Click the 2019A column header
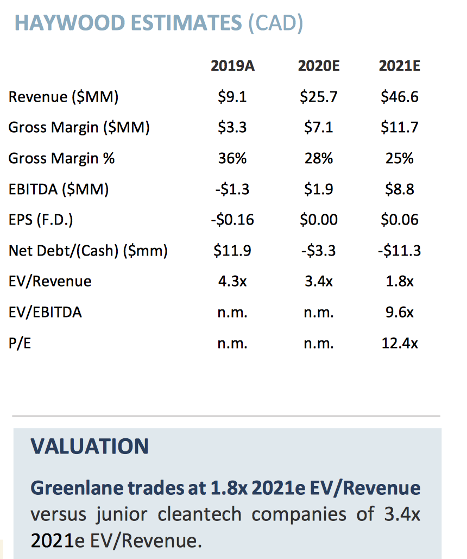click(x=232, y=66)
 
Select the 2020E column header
click(x=318, y=66)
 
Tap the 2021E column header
click(x=400, y=66)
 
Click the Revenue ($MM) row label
click(x=64, y=97)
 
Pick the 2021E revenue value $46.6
click(x=400, y=97)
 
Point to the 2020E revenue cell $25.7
click(x=318, y=97)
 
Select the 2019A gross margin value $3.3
click(x=232, y=128)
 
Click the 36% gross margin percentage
click(x=232, y=158)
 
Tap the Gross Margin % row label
click(x=62, y=158)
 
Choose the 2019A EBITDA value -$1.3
click(x=232, y=189)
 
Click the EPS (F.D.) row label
click(x=41, y=220)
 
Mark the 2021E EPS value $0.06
click(x=400, y=220)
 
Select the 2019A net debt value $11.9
click(x=232, y=251)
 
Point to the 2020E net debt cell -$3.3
click(x=318, y=251)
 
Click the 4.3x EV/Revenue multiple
click(x=232, y=281)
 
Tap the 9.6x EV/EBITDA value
click(x=400, y=312)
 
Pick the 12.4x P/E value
click(x=400, y=343)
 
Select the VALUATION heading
click(x=90, y=446)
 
